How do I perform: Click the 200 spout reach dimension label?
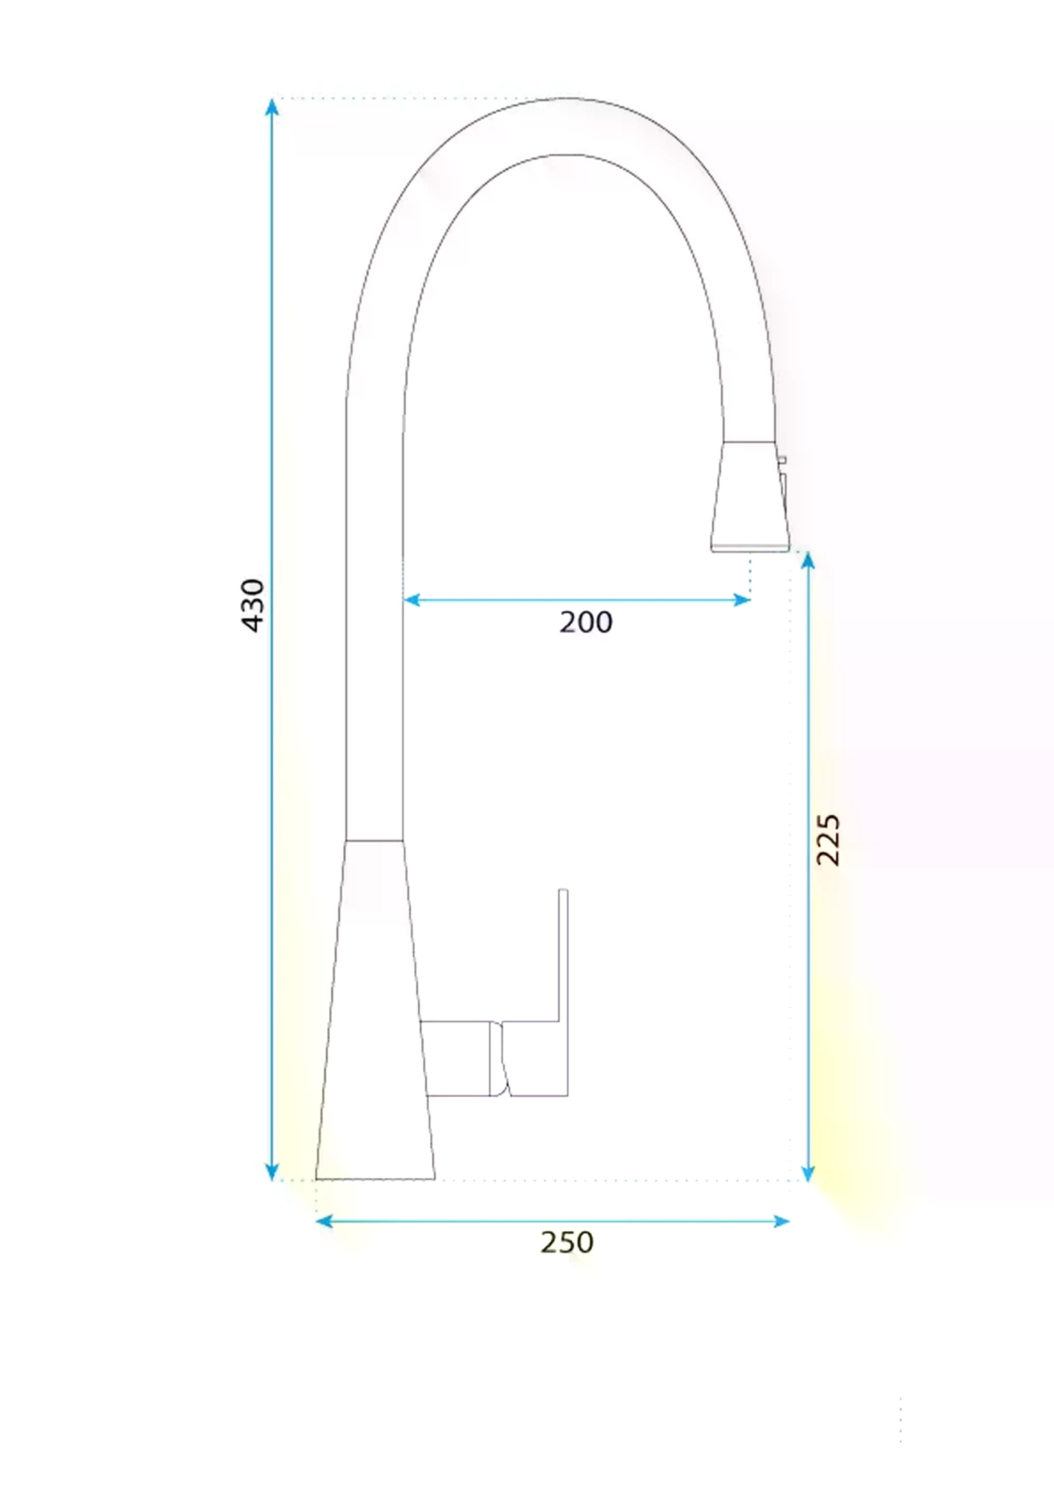point(585,622)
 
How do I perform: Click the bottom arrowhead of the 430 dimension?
point(272,1171)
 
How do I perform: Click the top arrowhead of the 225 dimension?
point(808,560)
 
